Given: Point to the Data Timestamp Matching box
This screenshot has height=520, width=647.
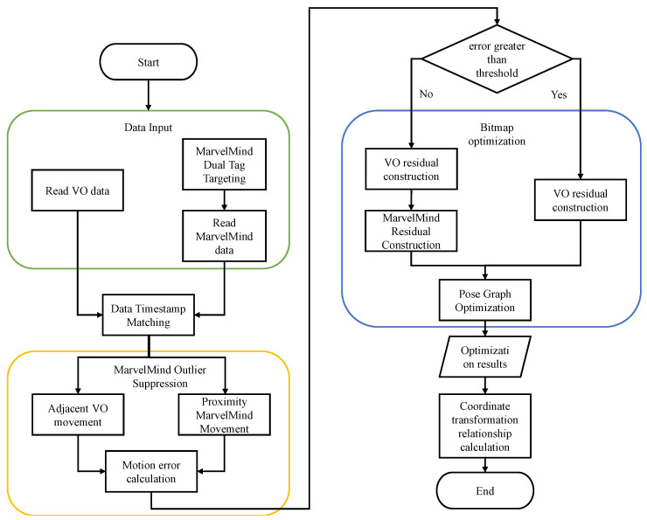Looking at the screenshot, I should click(x=149, y=315).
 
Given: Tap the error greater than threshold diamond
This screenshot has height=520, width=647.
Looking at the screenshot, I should click(x=497, y=57).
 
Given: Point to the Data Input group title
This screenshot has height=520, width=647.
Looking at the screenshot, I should click(x=149, y=128).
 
